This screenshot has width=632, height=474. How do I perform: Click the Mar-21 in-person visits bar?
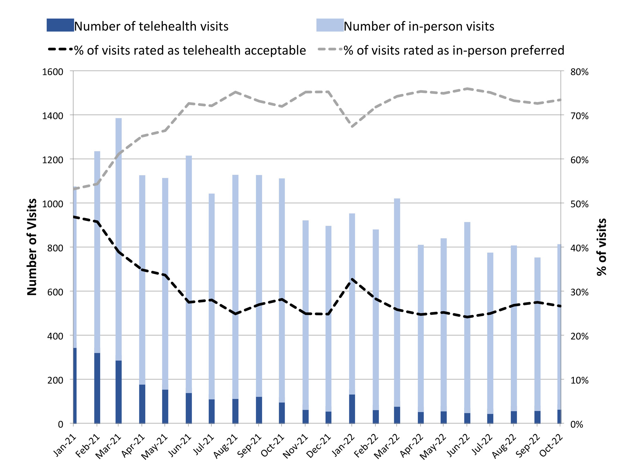(118, 237)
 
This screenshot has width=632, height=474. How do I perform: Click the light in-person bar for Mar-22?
(397, 300)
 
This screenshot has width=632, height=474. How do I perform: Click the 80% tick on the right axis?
(580, 72)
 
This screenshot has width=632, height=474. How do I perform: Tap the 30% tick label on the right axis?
(580, 292)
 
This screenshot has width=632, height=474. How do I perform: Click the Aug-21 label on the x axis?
(226, 447)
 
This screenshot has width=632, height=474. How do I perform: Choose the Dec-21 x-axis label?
(319, 447)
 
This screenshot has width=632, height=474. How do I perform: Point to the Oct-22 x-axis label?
(551, 447)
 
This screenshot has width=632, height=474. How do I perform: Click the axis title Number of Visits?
(32, 247)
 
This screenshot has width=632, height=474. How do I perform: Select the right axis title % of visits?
(602, 247)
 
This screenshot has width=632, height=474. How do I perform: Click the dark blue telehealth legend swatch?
(60, 25)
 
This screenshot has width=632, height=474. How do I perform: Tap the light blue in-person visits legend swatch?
(330, 25)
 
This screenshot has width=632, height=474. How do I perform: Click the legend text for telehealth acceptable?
(190, 51)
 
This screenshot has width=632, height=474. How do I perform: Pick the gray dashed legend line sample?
(330, 50)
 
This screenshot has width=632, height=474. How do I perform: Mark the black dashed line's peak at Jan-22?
(352, 279)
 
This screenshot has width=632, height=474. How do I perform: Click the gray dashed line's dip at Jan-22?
(352, 127)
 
